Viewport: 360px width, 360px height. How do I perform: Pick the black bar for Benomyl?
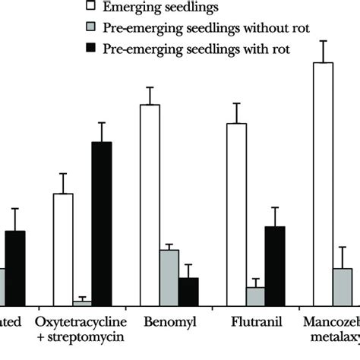coord(188,290)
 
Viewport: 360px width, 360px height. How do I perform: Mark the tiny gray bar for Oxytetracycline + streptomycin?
coord(82,302)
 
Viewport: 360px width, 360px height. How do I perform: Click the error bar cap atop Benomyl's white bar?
coord(150,87)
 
